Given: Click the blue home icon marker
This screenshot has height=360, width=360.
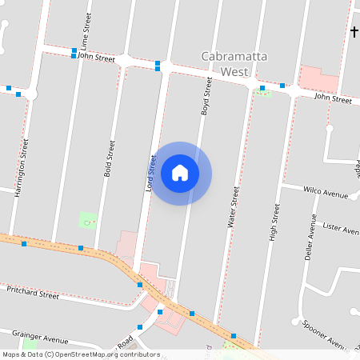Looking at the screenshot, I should pyautogui.click(x=180, y=173).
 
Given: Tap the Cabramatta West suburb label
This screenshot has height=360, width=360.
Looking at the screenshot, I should pyautogui.click(x=226, y=63).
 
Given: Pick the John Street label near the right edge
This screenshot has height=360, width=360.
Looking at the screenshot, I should pyautogui.click(x=333, y=98).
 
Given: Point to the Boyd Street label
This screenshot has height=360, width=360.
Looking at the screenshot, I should pyautogui.click(x=206, y=98).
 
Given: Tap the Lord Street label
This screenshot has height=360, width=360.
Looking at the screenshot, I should pyautogui.click(x=150, y=174).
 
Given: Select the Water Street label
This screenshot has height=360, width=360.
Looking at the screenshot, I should pyautogui.click(x=234, y=209).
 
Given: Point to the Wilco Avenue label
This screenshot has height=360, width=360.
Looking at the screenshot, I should pyautogui.click(x=326, y=193).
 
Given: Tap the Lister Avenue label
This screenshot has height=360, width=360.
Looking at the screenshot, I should pyautogui.click(x=340, y=229).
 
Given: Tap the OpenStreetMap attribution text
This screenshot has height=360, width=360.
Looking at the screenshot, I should pyautogui.click(x=81, y=354).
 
